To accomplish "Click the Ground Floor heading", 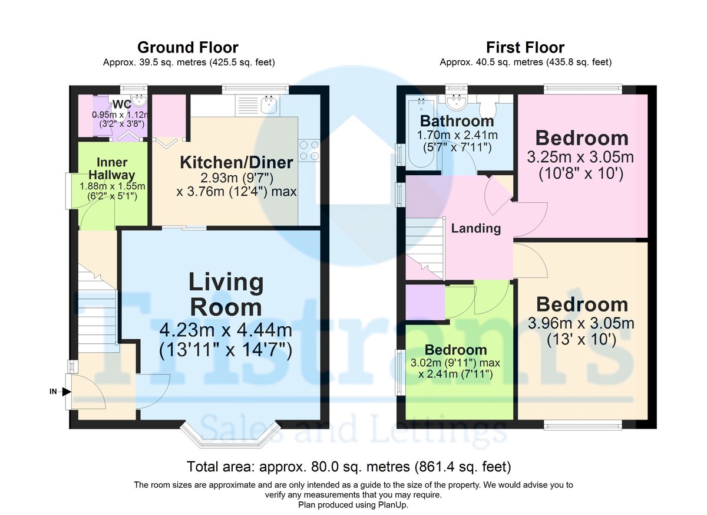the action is pyautogui.click(x=188, y=48).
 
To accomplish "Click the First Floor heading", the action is pyautogui.click(x=525, y=48).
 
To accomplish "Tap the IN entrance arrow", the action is pyautogui.click(x=66, y=392).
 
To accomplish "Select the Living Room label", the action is pyautogui.click(x=226, y=294).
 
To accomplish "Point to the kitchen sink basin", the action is pyautogui.click(x=269, y=104).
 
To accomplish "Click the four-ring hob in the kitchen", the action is pyautogui.click(x=309, y=150).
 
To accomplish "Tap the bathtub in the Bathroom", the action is pyautogui.click(x=421, y=133).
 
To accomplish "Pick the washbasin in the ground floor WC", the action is pyautogui.click(x=138, y=100).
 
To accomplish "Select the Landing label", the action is pyautogui.click(x=476, y=228).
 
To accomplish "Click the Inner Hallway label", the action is pyautogui.click(x=112, y=168).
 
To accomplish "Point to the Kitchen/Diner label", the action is pyautogui.click(x=236, y=162).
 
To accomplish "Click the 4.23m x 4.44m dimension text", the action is pyautogui.click(x=226, y=330).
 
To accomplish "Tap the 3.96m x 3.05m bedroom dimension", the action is pyautogui.click(x=581, y=323).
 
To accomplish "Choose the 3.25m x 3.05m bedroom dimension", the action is pyautogui.click(x=580, y=157).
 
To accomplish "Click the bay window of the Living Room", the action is pyautogui.click(x=230, y=435).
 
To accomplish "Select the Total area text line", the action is pyautogui.click(x=349, y=467).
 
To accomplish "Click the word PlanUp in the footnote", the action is pyautogui.click(x=394, y=505).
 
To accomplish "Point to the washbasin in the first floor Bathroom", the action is pyautogui.click(x=456, y=101).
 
